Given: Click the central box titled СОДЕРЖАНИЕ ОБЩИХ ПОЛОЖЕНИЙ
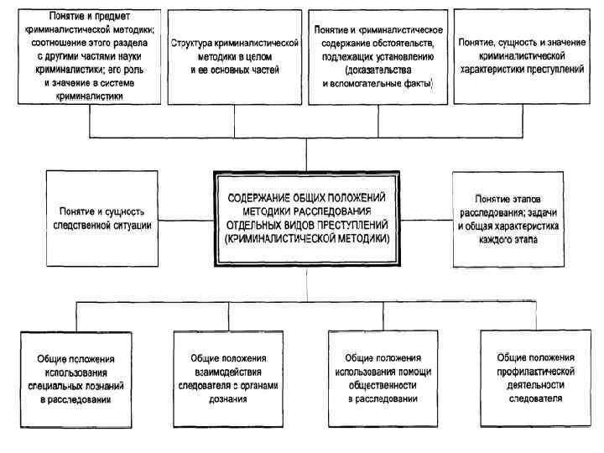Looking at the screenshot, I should pos(306,219).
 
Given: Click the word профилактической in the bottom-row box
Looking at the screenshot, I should pos(535,369).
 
